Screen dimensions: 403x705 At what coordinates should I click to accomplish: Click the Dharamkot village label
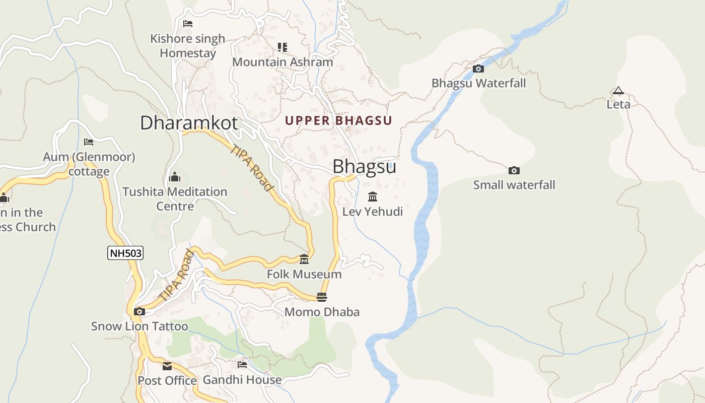(x=189, y=123)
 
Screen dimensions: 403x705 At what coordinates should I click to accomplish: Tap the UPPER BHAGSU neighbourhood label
(x=338, y=121)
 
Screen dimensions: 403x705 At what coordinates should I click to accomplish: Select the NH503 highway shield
(x=125, y=253)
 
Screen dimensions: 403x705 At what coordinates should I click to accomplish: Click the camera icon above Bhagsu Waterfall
(x=478, y=69)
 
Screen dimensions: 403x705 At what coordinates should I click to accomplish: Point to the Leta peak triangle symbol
(x=618, y=91)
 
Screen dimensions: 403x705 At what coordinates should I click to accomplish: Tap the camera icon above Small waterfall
(x=514, y=170)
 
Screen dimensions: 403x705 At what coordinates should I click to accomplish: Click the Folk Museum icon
(x=304, y=259)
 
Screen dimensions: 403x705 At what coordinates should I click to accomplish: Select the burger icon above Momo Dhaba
(x=322, y=297)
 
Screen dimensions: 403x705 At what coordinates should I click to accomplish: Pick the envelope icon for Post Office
(x=167, y=366)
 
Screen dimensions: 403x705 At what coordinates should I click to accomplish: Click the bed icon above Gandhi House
(x=242, y=364)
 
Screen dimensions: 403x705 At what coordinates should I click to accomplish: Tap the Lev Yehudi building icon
(x=373, y=196)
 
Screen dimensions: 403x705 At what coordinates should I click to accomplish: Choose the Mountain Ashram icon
(x=283, y=47)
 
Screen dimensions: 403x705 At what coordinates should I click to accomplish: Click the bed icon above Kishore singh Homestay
(x=188, y=23)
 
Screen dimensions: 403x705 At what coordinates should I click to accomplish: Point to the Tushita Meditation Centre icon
(x=175, y=177)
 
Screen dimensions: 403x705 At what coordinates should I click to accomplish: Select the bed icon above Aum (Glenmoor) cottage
(x=89, y=142)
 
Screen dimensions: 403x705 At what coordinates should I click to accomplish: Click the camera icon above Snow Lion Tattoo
(x=139, y=311)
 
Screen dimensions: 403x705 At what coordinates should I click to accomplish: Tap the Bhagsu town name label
(x=364, y=167)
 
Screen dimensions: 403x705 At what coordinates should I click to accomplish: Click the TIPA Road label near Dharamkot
(x=252, y=168)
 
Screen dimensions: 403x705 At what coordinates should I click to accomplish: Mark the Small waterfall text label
(x=514, y=185)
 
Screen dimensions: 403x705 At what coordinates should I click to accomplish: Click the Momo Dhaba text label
(x=322, y=312)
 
